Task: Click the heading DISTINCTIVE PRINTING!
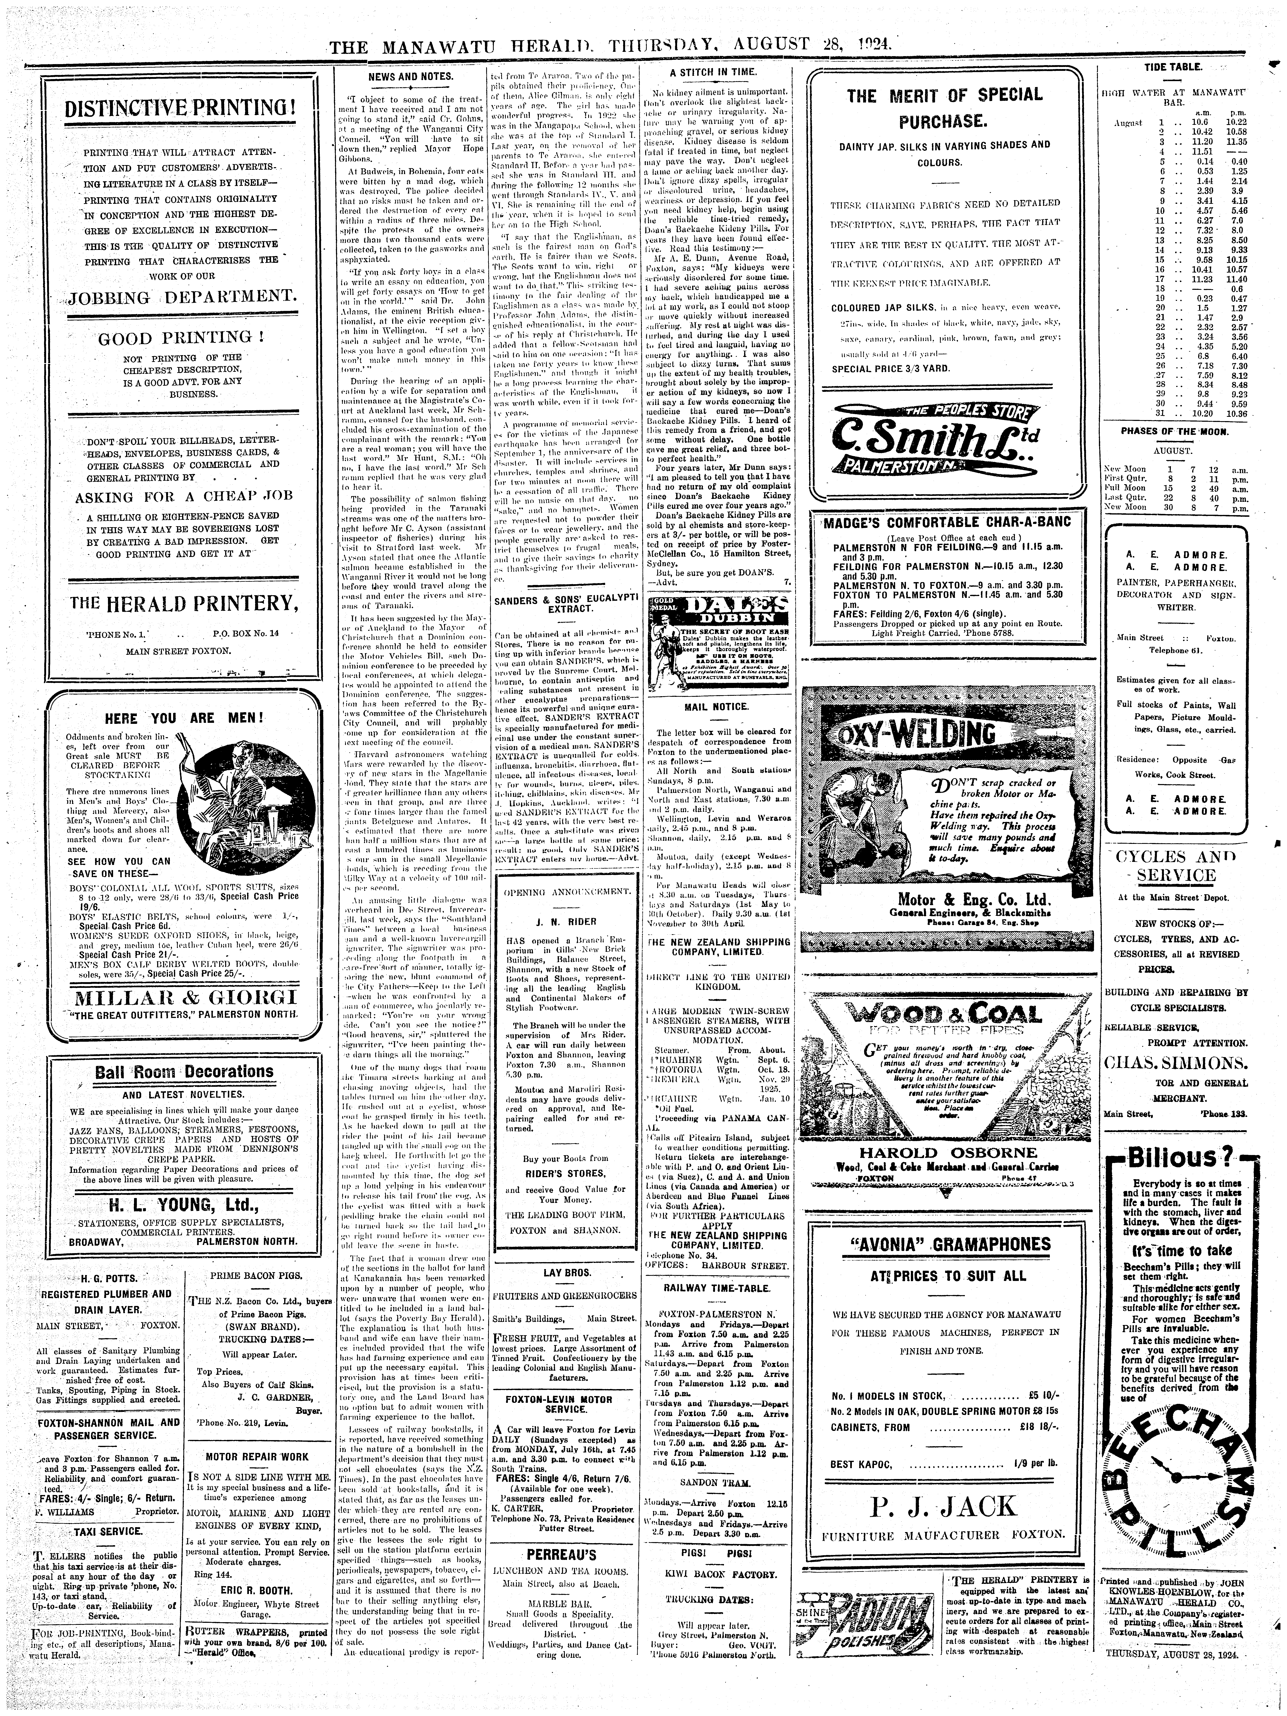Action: click(x=180, y=106)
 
